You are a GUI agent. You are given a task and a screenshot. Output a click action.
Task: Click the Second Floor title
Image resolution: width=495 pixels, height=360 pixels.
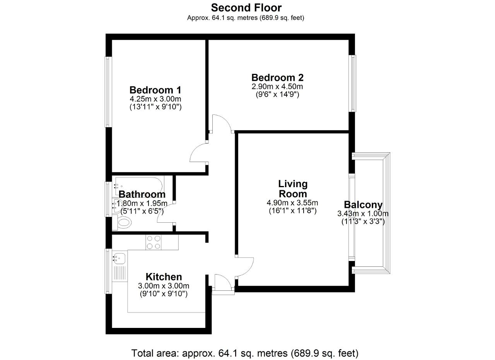[x=246, y=8]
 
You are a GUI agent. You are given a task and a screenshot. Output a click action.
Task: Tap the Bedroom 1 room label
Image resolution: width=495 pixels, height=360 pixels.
[x=155, y=90]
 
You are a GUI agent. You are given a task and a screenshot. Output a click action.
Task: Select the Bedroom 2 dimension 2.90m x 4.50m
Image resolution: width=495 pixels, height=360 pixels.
[x=277, y=86]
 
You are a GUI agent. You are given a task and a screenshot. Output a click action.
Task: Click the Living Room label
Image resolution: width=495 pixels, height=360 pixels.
[x=293, y=189]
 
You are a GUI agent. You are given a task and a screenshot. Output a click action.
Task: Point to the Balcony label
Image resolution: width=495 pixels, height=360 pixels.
[x=363, y=205]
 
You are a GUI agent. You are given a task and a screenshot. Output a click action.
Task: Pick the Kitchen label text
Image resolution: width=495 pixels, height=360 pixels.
[x=164, y=277]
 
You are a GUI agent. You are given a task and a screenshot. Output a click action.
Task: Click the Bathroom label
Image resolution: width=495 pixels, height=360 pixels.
[x=142, y=195]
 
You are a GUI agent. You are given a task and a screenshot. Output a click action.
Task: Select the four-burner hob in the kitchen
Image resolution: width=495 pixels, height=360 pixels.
[x=154, y=242]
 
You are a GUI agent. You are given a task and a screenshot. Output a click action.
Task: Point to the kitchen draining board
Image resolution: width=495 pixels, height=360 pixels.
[x=120, y=273]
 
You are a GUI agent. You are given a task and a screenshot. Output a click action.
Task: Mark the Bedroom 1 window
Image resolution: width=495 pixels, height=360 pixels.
[x=108, y=92]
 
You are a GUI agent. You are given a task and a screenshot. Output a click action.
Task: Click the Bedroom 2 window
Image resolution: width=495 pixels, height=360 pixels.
[x=352, y=83]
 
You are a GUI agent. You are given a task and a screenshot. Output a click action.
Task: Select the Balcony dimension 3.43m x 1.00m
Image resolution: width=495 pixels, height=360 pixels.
[x=363, y=214]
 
